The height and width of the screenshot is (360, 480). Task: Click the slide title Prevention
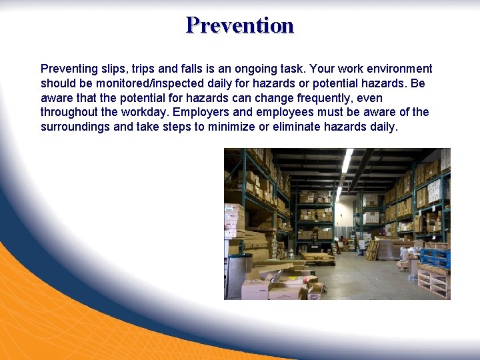pos(240,25)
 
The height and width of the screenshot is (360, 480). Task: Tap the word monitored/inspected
pos(150,83)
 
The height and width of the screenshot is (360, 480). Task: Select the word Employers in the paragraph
pos(198,112)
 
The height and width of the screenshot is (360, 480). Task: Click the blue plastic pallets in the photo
pos(435,256)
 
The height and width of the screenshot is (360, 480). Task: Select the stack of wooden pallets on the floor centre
pos(317,257)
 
